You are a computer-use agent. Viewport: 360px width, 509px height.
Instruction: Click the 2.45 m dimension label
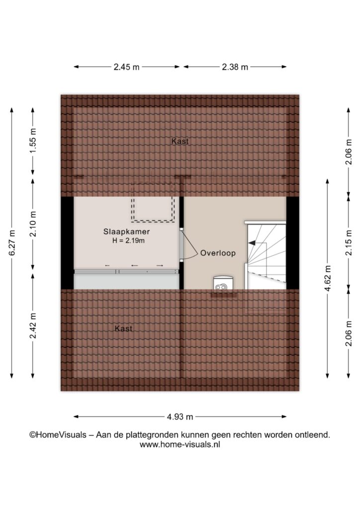coord(126,67)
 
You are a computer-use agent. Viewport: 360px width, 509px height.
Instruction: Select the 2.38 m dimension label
coord(235,67)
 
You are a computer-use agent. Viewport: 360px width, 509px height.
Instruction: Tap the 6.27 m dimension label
coord(12,243)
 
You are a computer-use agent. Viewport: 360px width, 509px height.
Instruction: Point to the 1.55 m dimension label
coord(33,141)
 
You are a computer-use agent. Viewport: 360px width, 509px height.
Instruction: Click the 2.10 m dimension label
coord(33,224)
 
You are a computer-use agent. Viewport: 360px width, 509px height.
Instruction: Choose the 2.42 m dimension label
coord(33,326)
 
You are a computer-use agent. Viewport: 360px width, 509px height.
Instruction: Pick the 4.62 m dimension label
coord(327,278)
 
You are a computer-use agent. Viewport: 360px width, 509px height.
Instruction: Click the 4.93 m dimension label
coord(180,417)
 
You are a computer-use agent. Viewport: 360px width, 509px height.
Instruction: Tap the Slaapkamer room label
coord(127,232)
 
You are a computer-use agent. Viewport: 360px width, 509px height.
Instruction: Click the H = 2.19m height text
coord(128,241)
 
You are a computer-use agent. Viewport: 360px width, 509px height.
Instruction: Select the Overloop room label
coord(218,253)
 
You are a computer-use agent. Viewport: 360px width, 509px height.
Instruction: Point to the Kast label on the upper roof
coord(180,141)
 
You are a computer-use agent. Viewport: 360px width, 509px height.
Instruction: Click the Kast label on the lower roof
coord(123,329)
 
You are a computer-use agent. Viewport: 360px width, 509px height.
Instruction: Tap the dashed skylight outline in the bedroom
coord(153,222)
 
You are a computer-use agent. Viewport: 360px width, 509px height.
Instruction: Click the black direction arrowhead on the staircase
coord(252,243)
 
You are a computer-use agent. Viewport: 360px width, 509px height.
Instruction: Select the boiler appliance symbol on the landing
coord(223,283)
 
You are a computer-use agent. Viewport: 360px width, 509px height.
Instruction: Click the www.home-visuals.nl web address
coord(180,444)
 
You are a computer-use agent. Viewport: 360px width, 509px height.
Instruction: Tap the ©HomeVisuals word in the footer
coord(58,434)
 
